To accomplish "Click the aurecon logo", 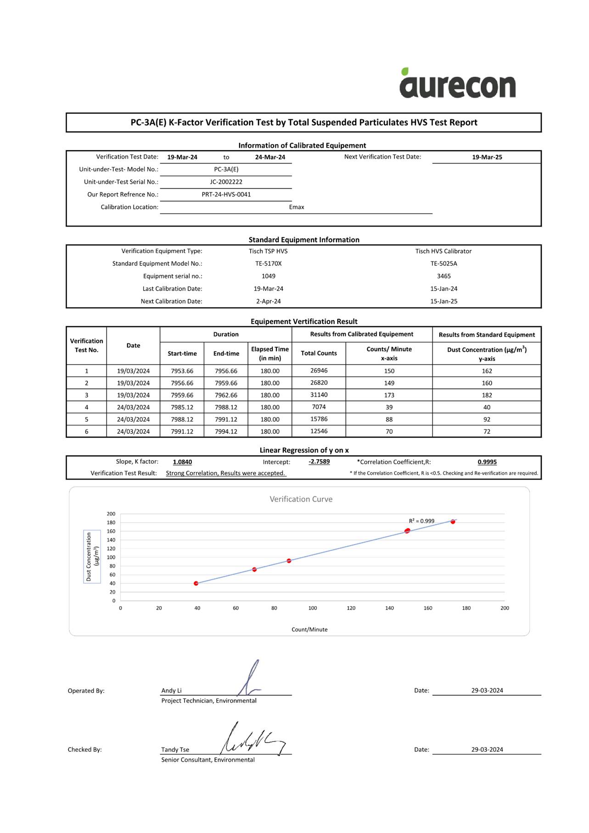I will (x=457, y=84).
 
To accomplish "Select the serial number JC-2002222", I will (x=226, y=182).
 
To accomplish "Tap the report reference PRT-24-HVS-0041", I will (x=226, y=194).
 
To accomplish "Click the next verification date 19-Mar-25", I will (x=487, y=157).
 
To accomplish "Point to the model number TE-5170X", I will (x=268, y=264).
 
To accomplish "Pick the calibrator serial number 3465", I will (x=443, y=276).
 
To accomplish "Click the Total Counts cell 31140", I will (x=319, y=395).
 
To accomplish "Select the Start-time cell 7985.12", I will (x=182, y=407).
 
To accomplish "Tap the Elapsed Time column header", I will (x=269, y=354).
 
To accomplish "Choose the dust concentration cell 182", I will (x=487, y=395).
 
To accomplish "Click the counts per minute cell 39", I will (x=389, y=407).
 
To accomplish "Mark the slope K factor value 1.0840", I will (x=182, y=462).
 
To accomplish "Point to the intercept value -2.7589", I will (x=319, y=462).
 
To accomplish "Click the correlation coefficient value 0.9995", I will (x=487, y=462).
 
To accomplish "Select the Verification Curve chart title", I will (x=301, y=499).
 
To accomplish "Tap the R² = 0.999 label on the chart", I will (x=421, y=521).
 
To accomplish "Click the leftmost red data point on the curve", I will (x=196, y=583).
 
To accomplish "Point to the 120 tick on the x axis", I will (x=351, y=608).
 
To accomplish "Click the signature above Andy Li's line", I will (x=250, y=679).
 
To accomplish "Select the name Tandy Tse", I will (x=175, y=749).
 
